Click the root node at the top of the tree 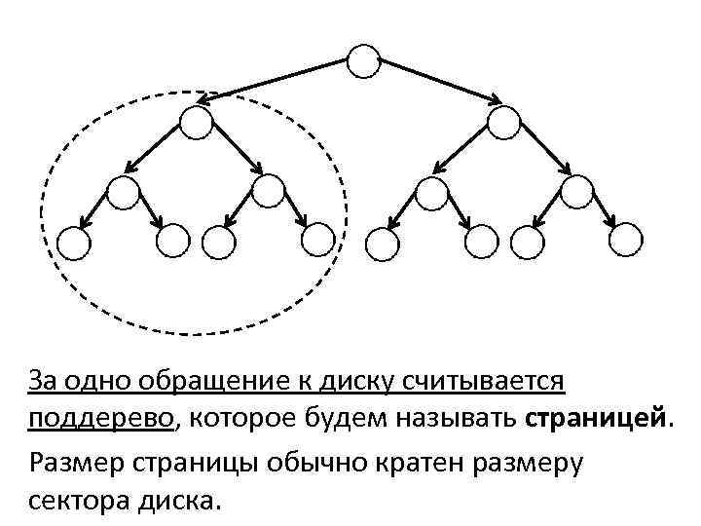tap(363, 61)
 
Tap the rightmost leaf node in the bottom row tap(626, 239)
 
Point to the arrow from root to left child tap(277, 79)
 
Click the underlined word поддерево tap(102, 419)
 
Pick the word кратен tap(420, 461)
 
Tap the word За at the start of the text tap(44, 378)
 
